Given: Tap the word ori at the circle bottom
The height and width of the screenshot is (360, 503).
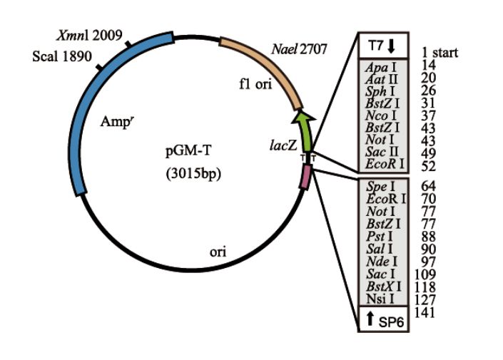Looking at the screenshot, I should (218, 252).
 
